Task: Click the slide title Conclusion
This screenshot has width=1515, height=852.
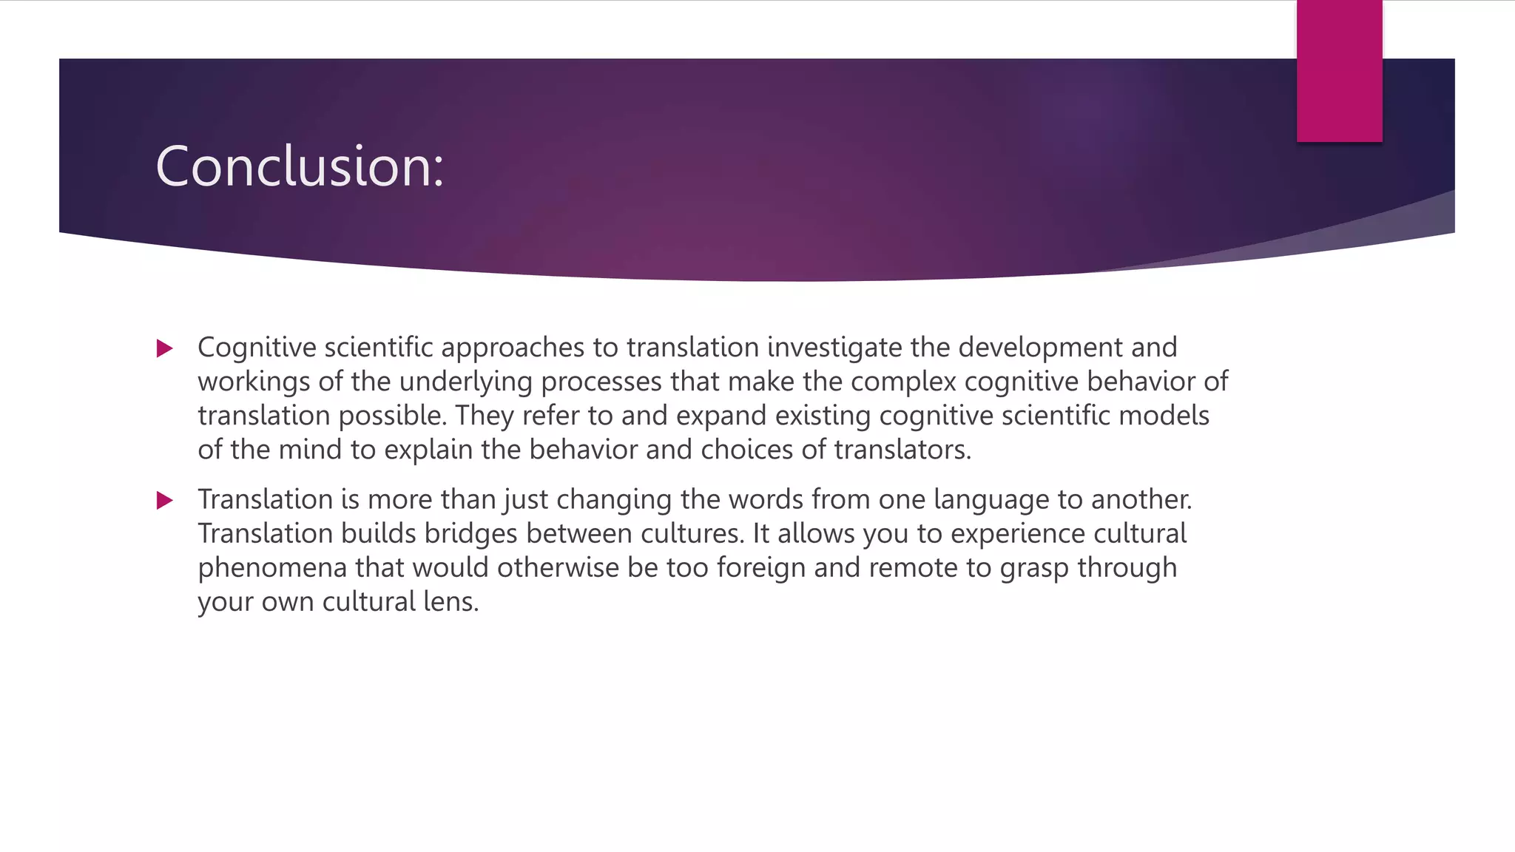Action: (x=300, y=166)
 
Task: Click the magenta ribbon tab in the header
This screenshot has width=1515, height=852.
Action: (x=1339, y=71)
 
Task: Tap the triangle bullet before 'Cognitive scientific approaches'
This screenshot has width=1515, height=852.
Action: (x=165, y=348)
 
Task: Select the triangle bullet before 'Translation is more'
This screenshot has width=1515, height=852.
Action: (x=165, y=501)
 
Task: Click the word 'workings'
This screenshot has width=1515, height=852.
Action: (x=254, y=382)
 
